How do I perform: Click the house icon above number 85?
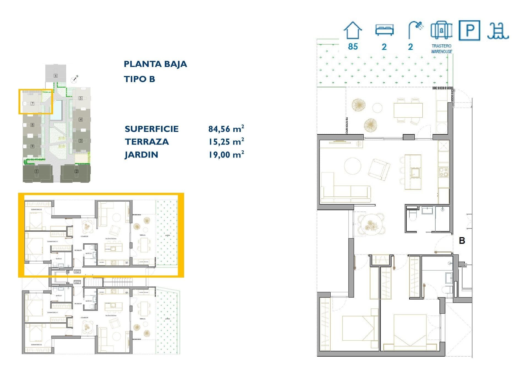point(353,30)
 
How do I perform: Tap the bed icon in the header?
point(384,30)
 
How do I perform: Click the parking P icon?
point(469,30)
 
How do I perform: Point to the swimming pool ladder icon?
point(498,31)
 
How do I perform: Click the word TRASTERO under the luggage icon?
point(441,46)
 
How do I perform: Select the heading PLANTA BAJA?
point(155,64)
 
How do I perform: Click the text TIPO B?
point(139,79)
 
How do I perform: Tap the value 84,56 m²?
point(226,129)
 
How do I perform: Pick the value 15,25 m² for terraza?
point(226,142)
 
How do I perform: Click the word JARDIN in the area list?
point(141,155)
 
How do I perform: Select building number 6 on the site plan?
point(56,76)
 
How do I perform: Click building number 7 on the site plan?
point(32,104)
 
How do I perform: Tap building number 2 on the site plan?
point(76,171)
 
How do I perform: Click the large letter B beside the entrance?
point(462,241)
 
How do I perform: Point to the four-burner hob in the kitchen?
point(444,172)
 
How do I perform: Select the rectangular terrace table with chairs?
point(408,110)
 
